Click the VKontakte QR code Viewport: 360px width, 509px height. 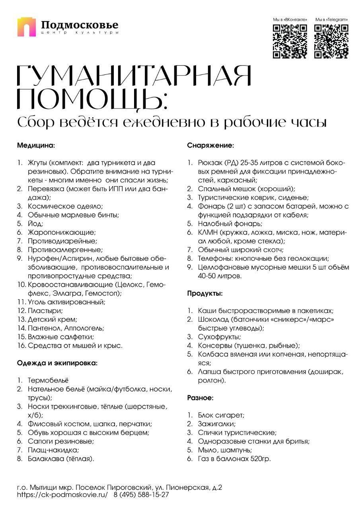pos(290,41)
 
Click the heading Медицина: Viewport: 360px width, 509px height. pos(36,145)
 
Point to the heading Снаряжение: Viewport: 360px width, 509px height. pos(210,145)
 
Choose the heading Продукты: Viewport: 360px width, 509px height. pos(205,294)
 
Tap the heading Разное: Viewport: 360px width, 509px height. pos(200,397)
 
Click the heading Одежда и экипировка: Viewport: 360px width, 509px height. pos(57,363)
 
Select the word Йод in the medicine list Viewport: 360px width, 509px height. pos(35,224)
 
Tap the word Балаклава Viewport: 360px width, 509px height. pos(46,458)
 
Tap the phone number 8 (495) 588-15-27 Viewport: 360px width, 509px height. pos(141,495)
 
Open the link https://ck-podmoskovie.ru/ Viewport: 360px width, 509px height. pos(62,495)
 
